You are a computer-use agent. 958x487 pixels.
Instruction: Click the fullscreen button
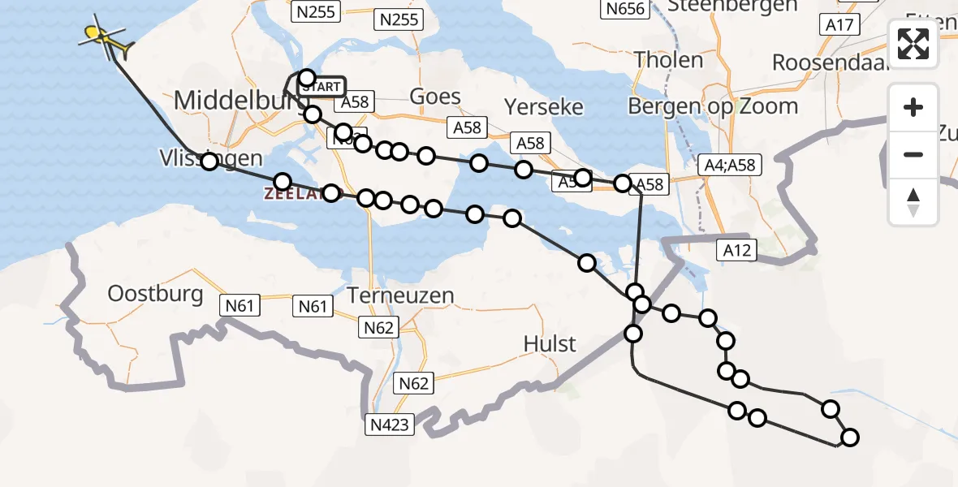pyautogui.click(x=913, y=44)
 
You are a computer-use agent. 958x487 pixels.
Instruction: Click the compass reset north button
pyautogui.click(x=913, y=201)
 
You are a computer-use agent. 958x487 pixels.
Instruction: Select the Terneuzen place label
pyautogui.click(x=400, y=295)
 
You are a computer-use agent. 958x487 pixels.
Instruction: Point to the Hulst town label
pyautogui.click(x=550, y=344)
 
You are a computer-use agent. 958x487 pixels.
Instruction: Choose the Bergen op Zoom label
pyautogui.click(x=713, y=106)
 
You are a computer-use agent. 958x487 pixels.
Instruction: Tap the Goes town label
pyautogui.click(x=435, y=97)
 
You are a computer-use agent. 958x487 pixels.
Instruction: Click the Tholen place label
pyautogui.click(x=668, y=59)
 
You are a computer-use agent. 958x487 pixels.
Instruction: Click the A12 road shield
pyautogui.click(x=736, y=251)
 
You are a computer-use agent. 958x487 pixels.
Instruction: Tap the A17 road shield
pyautogui.click(x=839, y=25)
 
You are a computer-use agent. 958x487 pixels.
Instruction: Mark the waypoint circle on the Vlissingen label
pyautogui.click(x=209, y=162)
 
